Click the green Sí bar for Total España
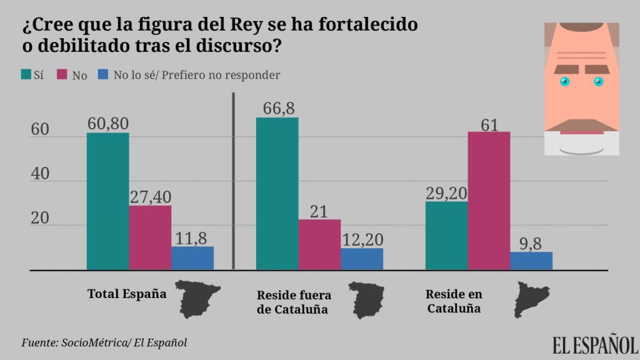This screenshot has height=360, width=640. click(x=107, y=201)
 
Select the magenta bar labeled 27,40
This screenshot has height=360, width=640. click(x=150, y=237)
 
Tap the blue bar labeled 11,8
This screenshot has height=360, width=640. click(x=192, y=258)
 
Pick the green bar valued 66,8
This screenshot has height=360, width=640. click(x=277, y=194)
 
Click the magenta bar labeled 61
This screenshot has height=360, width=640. click(x=489, y=201)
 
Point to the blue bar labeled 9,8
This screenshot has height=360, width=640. click(x=531, y=261)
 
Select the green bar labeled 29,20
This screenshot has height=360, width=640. click(x=446, y=236)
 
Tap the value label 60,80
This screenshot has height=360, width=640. click(x=107, y=123)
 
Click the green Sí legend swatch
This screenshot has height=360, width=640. click(x=26, y=75)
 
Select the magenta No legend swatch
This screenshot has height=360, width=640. click(x=62, y=75)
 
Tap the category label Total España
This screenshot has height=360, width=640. click(x=127, y=294)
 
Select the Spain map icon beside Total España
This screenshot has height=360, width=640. click(x=197, y=298)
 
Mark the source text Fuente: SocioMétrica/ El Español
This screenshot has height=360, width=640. click(x=104, y=342)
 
